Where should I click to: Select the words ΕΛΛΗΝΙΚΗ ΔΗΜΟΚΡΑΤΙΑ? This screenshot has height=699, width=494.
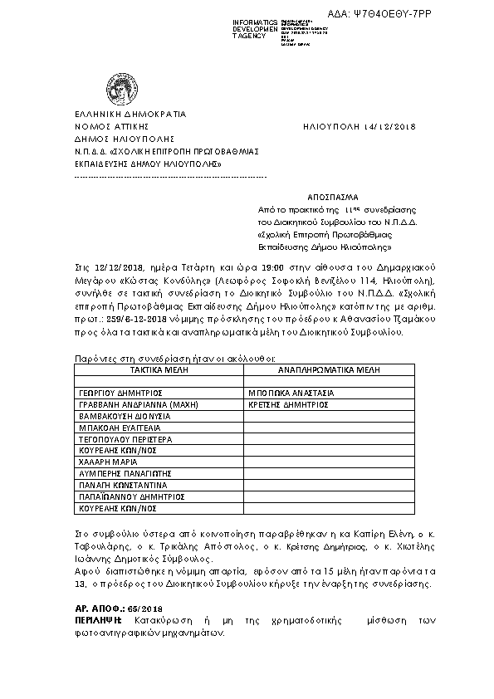click(130, 114)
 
